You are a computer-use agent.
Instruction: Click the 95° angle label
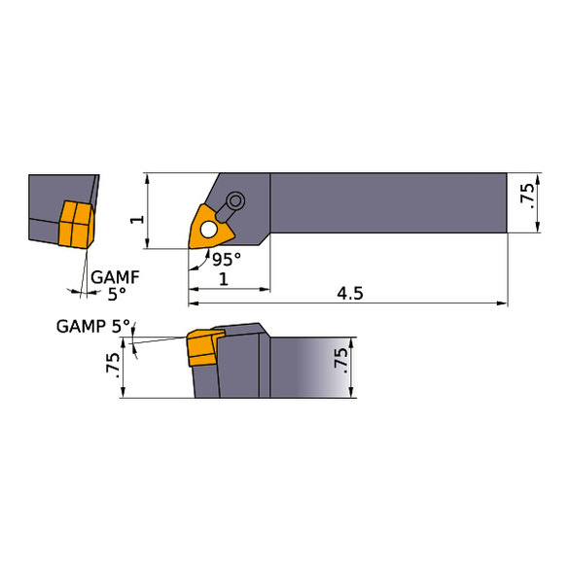(227, 259)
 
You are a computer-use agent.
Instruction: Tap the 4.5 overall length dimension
(350, 294)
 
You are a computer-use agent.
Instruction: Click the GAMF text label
(115, 277)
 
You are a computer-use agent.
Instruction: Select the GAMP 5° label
(93, 326)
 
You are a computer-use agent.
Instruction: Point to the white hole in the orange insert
(209, 230)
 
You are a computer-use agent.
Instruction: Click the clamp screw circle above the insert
(235, 201)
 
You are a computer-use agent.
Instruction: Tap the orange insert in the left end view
(76, 225)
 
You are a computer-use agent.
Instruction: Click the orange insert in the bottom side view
(204, 347)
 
